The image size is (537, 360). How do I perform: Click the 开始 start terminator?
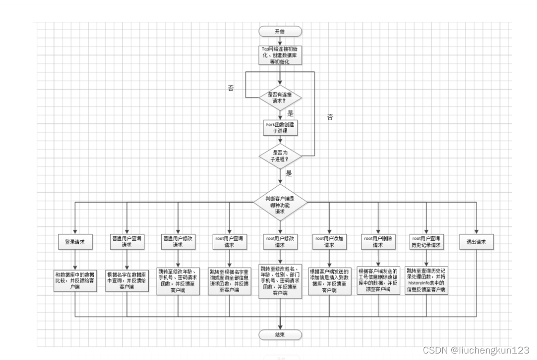pos(280,31)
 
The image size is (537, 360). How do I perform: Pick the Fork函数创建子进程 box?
pos(280,128)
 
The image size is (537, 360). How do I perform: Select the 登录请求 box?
pos(75,242)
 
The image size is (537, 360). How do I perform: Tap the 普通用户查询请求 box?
pos(127,242)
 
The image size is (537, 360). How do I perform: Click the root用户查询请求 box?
pos(229,242)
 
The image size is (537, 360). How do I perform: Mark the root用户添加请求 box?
pos(329,242)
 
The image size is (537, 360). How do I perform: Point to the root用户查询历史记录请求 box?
pos(427,242)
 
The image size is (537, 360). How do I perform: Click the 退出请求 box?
pos(476,242)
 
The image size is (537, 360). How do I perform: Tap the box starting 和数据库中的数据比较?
pos(75,281)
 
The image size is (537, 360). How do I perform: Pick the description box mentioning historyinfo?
pos(427,281)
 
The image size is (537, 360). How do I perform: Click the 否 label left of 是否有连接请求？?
pos(231,88)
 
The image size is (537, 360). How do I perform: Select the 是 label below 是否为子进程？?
pos(289,174)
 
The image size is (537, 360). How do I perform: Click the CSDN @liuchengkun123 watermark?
pos(476,351)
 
